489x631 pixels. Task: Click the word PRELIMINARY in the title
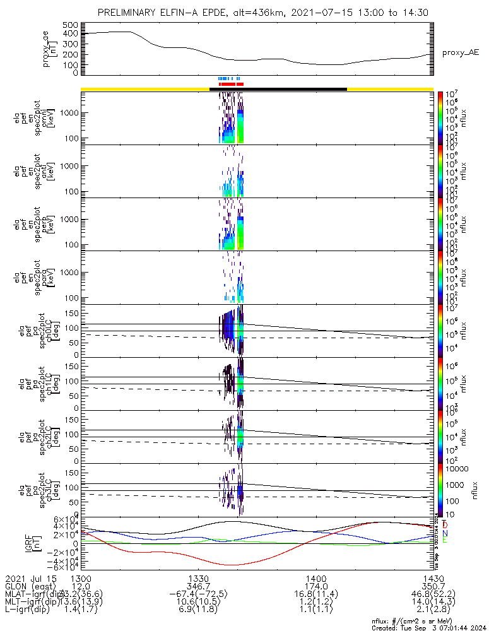(126, 13)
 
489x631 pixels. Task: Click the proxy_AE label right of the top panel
(460, 52)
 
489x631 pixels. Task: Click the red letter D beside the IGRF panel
(445, 524)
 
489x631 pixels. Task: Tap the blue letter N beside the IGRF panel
(445, 533)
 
